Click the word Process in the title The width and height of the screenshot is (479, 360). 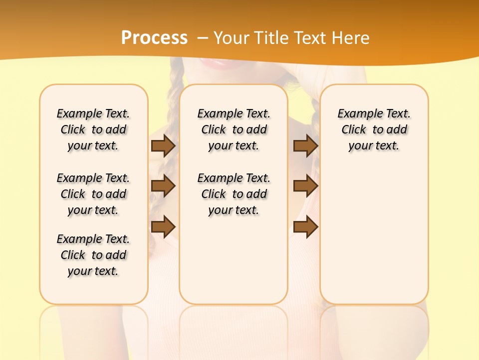click(154, 38)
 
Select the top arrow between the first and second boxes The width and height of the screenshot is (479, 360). click(163, 146)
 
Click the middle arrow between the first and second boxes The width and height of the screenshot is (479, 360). click(163, 186)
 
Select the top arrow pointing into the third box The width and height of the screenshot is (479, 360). click(305, 146)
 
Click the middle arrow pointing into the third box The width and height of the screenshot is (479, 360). click(305, 186)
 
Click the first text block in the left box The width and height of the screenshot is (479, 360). click(93, 130)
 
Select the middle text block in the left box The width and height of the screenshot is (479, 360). click(93, 194)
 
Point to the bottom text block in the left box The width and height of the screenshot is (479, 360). click(93, 255)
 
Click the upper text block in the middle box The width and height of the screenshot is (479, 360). click(234, 130)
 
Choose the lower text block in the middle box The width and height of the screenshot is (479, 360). click(234, 194)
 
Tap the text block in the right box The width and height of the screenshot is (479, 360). click(374, 130)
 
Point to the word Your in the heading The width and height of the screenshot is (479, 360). click(232, 38)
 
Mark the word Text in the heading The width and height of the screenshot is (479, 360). click(313, 38)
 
